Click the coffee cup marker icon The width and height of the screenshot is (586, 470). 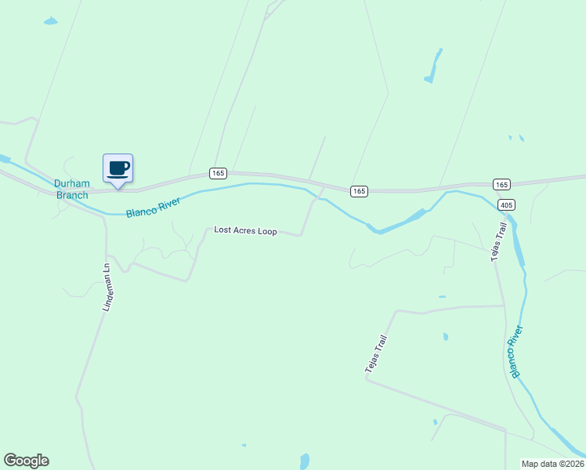point(118,168)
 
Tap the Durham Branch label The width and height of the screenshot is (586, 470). point(71,190)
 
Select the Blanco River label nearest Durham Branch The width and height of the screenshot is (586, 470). point(154,207)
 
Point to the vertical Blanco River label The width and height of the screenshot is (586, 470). point(517,352)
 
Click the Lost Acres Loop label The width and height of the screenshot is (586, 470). point(245,231)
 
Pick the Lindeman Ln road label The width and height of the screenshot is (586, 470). point(107,287)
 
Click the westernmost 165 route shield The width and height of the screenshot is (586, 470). point(218,172)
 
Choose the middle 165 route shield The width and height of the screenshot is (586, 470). point(359,191)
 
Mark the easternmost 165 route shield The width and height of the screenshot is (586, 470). point(502,184)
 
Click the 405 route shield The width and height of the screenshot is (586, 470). point(506,205)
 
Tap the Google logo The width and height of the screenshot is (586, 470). point(26,461)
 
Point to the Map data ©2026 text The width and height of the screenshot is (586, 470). point(552,464)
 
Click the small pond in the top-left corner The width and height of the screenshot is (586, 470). point(50,21)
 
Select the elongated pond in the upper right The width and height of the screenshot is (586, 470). point(433,67)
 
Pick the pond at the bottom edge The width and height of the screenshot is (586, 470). point(305,461)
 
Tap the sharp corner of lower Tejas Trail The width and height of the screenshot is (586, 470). point(366,379)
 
